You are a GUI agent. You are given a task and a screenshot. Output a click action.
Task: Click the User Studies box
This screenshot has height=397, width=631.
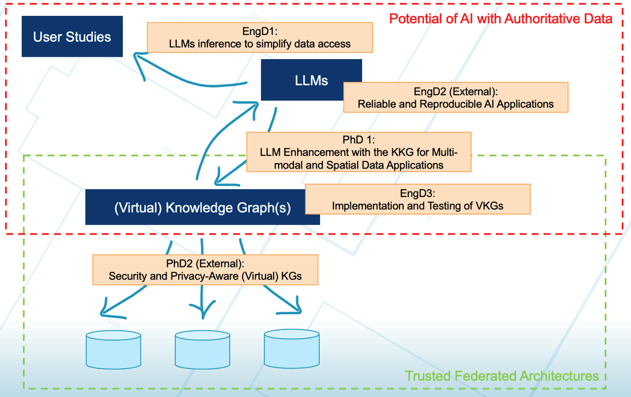coord(72,37)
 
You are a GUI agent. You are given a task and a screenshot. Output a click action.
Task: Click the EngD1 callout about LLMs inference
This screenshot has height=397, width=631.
coord(260,37)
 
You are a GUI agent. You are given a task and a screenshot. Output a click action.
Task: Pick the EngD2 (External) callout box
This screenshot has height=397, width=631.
coord(455,97)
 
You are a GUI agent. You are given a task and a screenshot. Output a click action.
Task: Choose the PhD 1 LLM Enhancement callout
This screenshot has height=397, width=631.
coord(359,152)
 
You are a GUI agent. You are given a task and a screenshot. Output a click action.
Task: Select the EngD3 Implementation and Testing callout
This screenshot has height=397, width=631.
coord(417,199)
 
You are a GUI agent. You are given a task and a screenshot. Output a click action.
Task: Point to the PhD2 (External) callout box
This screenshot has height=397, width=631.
coord(205,270)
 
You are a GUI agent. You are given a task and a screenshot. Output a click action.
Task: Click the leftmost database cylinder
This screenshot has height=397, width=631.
coord(113,349)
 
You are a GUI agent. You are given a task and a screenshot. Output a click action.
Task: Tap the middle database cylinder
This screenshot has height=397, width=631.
coord(202,349)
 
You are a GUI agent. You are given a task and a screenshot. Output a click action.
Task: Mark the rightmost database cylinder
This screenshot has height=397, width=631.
coord(292,349)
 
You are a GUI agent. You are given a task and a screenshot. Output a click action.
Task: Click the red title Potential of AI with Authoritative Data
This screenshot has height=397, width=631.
coord(500,19)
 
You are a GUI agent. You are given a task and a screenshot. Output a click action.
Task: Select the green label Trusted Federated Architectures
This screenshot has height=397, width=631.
coord(501,376)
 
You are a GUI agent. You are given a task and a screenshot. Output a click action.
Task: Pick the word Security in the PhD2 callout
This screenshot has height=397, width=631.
coord(127,277)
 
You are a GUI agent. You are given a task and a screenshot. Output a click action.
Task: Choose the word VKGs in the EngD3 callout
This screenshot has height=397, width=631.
coord(489,206)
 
